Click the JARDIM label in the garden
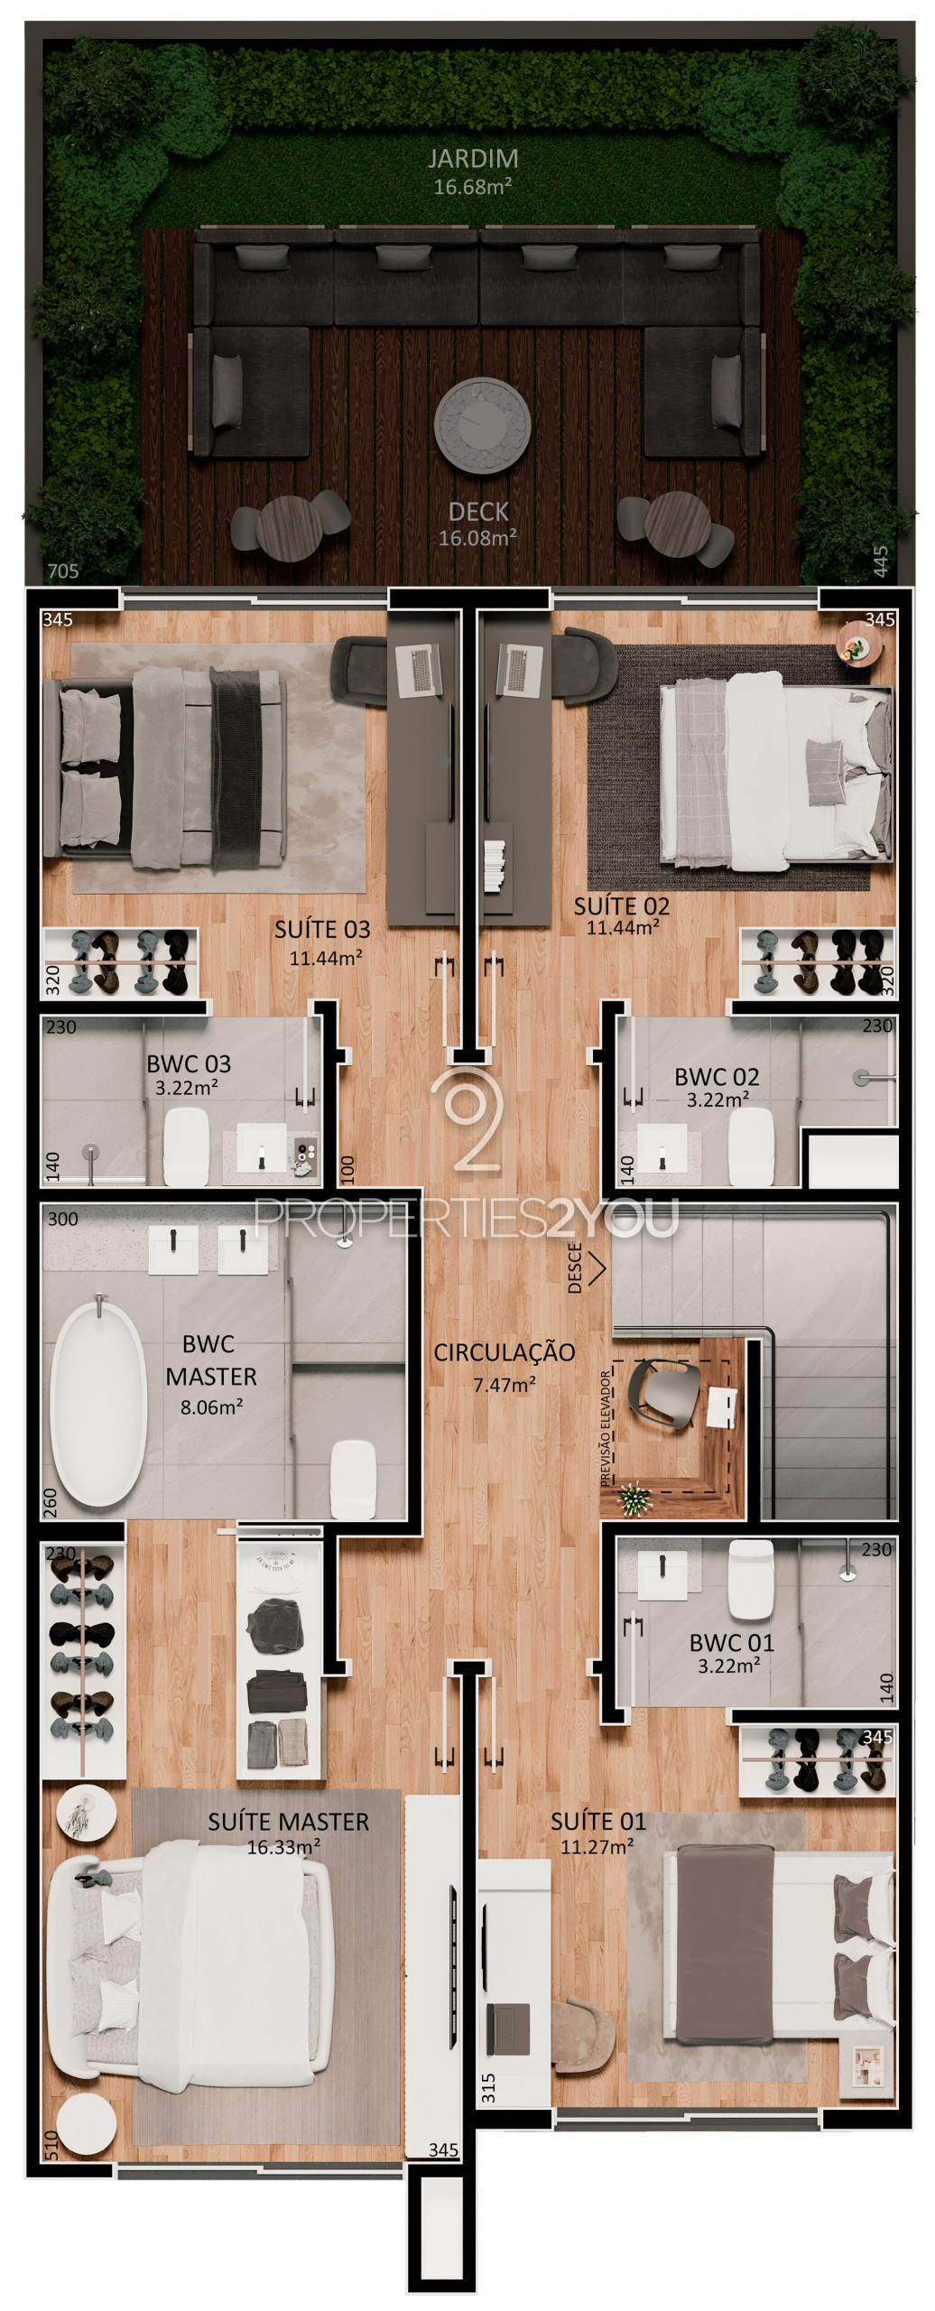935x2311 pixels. pyautogui.click(x=473, y=159)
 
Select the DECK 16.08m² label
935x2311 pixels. pyautogui.click(x=477, y=524)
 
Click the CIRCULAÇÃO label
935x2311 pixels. pyautogui.click(x=504, y=1352)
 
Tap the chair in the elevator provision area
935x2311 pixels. pyautogui.click(x=665, y=1394)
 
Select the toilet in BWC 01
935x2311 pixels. pyautogui.click(x=751, y=1579)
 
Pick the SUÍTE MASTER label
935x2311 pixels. pyautogui.click(x=288, y=1822)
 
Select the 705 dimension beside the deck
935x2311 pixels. pyautogui.click(x=63, y=571)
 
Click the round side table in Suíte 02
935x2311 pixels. pyautogui.click(x=854, y=644)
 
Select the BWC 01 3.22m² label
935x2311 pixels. pyautogui.click(x=731, y=1653)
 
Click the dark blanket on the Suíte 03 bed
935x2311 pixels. pyautogui.click(x=236, y=769)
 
